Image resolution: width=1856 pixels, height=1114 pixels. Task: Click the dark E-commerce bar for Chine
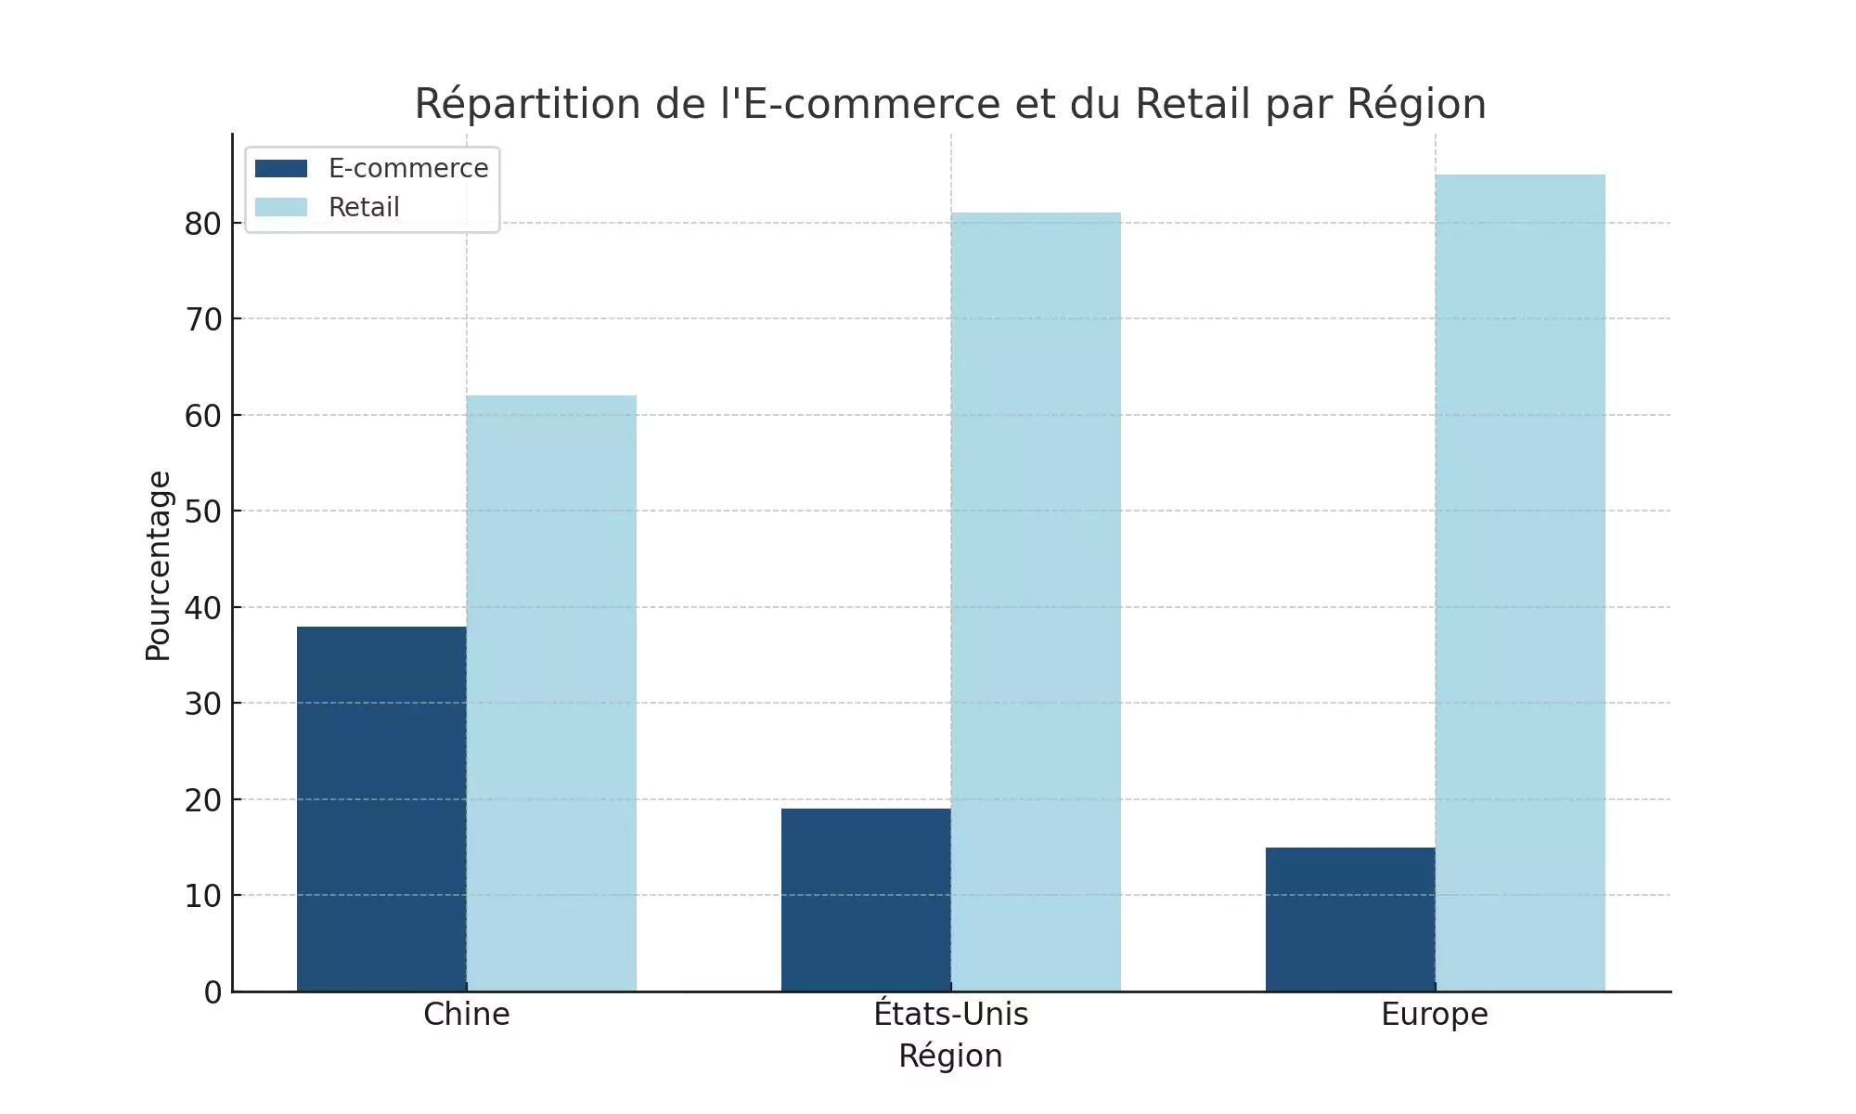pos(381,809)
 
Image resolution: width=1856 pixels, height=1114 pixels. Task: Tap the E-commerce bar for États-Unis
pos(866,900)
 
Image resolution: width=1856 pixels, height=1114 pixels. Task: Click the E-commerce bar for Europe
pos(1350,919)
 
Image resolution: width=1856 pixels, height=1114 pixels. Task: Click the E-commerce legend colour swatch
pos(281,169)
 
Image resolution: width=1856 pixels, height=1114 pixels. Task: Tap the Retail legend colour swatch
pos(281,207)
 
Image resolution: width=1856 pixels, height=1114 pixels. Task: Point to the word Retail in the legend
pos(364,207)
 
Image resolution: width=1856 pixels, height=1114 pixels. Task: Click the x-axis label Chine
pos(467,1014)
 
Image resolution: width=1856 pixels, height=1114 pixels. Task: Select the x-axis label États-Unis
pos(951,1014)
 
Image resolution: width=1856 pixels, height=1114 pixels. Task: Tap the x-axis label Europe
pos(1435,1014)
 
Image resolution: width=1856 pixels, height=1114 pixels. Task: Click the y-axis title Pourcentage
pos(159,565)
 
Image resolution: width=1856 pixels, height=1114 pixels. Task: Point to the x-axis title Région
pos(951,1056)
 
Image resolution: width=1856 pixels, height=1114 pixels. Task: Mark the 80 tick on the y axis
pos(203,224)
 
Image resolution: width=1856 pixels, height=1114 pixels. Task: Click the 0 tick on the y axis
pos(213,992)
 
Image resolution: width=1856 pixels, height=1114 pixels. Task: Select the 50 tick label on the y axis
pos(203,512)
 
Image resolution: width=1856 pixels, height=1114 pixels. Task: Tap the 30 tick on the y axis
pos(203,704)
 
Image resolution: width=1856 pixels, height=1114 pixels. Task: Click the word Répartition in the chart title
pos(528,104)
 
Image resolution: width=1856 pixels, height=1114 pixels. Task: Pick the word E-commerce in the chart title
pos(872,104)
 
